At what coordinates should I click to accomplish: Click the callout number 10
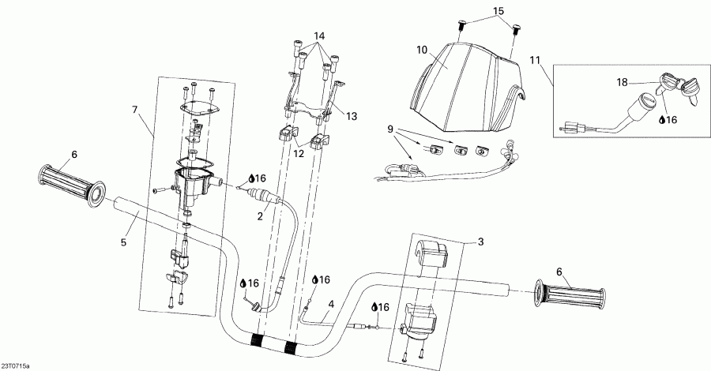(x=423, y=50)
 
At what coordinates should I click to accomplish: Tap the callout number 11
(x=536, y=59)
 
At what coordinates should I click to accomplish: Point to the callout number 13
(x=351, y=116)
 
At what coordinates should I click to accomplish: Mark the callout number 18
(x=623, y=81)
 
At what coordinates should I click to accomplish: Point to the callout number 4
(x=331, y=304)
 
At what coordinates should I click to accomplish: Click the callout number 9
(x=389, y=128)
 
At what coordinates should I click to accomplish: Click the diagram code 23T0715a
(x=17, y=365)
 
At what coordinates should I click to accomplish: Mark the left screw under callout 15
(x=461, y=27)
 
